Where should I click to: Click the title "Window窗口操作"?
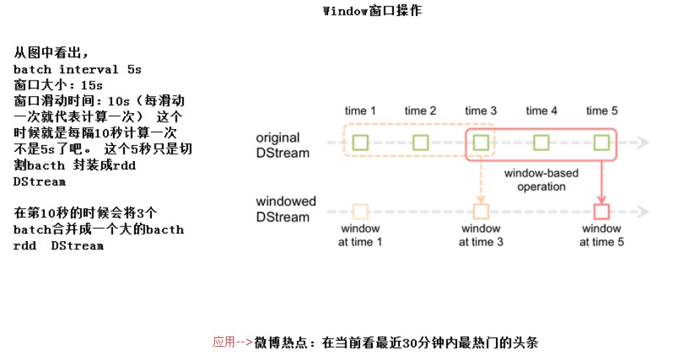pyautogui.click(x=372, y=11)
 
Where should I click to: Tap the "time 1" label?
pyautogui.click(x=360, y=111)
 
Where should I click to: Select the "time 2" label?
pyautogui.click(x=420, y=111)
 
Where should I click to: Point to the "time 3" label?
pyautogui.click(x=480, y=111)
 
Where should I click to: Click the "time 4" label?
pyautogui.click(x=541, y=111)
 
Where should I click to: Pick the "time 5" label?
pyautogui.click(x=602, y=111)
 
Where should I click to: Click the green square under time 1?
pyautogui.click(x=360, y=142)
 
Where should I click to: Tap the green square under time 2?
pyautogui.click(x=420, y=142)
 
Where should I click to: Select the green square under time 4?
pyautogui.click(x=541, y=142)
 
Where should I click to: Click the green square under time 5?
pyautogui.click(x=602, y=142)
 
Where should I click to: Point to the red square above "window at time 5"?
pyautogui.click(x=602, y=212)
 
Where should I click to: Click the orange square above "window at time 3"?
pyautogui.click(x=480, y=212)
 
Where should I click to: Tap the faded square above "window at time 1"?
pyautogui.click(x=360, y=212)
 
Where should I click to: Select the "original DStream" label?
pyautogui.click(x=282, y=145)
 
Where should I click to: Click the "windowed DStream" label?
pyautogui.click(x=286, y=209)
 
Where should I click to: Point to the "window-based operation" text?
pyautogui.click(x=541, y=180)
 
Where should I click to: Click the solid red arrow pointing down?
pyautogui.click(x=602, y=180)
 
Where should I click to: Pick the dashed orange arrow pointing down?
pyautogui.click(x=480, y=180)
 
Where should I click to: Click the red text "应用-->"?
pyautogui.click(x=233, y=342)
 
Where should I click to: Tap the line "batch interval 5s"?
pyautogui.click(x=77, y=69)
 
